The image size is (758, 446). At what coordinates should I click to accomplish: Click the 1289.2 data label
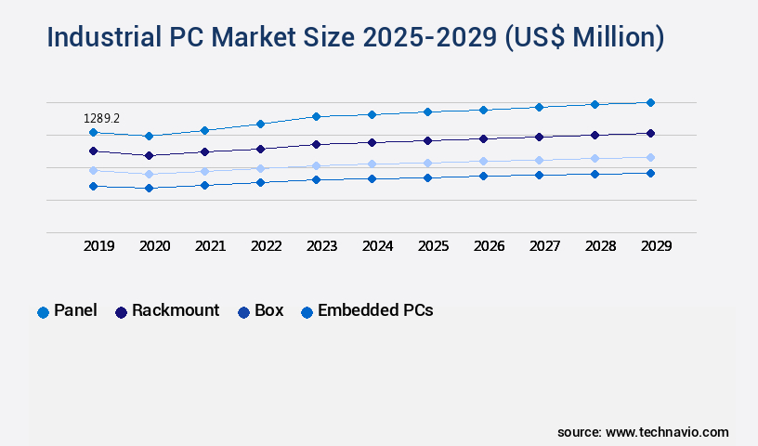click(x=101, y=118)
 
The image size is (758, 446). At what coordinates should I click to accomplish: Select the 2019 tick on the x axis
click(x=99, y=246)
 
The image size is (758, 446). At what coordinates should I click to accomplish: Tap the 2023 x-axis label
click(x=321, y=246)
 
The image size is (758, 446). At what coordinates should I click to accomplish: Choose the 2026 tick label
click(x=489, y=246)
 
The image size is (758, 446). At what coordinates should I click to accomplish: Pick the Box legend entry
click(x=268, y=311)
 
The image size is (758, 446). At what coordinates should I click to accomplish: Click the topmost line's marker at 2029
click(x=650, y=102)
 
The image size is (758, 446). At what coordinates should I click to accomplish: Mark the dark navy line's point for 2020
click(x=149, y=155)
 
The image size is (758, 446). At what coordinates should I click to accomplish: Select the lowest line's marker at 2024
click(x=372, y=178)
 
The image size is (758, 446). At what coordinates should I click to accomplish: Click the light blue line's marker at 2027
click(x=539, y=160)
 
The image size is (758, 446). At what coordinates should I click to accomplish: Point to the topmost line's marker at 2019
click(x=93, y=133)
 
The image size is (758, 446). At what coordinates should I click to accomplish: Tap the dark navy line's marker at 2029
click(x=650, y=133)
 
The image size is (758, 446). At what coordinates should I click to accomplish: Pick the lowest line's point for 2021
click(x=204, y=185)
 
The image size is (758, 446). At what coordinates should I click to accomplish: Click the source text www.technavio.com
click(x=667, y=432)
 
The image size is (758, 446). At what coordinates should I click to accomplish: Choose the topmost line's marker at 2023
click(x=316, y=116)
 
